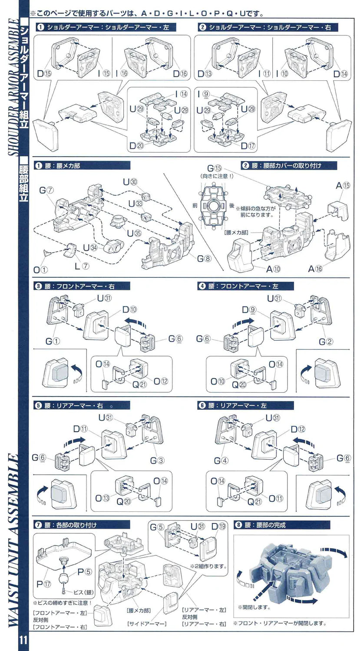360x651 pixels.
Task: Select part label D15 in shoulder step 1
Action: tap(43, 74)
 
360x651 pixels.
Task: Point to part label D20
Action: tap(136, 146)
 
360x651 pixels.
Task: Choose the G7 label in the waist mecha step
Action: tap(46, 191)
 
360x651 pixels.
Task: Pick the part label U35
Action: tap(130, 233)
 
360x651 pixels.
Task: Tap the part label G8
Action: tap(204, 259)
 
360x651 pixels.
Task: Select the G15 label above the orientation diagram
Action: tap(215, 168)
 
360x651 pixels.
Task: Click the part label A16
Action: tap(317, 269)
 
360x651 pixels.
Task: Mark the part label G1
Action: tap(52, 341)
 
